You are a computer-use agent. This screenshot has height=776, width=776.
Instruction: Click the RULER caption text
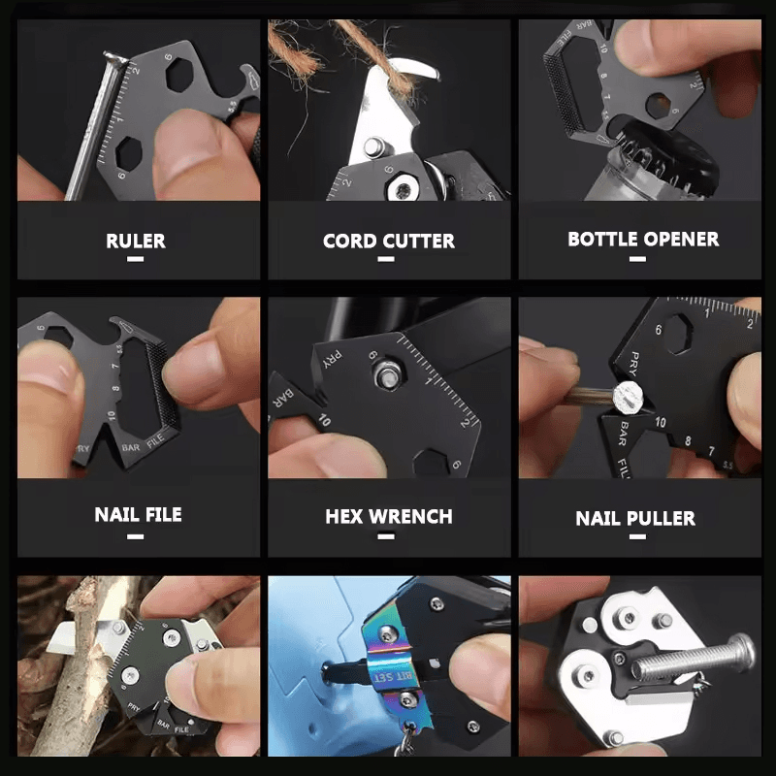tap(136, 241)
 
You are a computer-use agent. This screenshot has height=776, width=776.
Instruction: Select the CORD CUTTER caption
tap(388, 241)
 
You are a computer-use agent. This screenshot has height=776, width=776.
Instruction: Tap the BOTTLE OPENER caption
tap(643, 239)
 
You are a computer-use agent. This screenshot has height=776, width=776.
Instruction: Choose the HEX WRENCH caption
tap(388, 516)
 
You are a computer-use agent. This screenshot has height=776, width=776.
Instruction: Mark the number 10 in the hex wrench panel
tap(323, 420)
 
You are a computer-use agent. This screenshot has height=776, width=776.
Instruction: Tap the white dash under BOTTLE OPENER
tap(643, 259)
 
